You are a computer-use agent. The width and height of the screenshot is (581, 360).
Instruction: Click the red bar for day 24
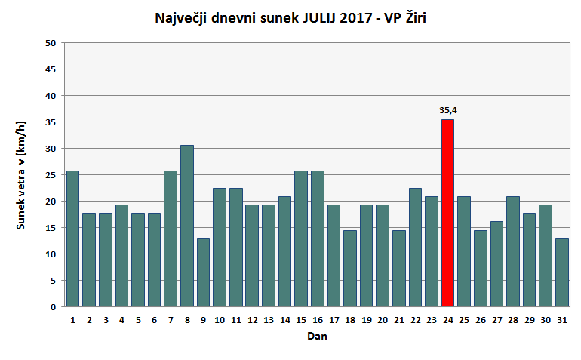pyautogui.click(x=447, y=213)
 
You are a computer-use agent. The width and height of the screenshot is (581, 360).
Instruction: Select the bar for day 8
pyautogui.click(x=187, y=226)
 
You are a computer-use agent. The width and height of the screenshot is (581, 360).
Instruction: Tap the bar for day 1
pyautogui.click(x=72, y=238)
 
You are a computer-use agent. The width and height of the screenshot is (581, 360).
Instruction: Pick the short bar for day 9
pyautogui.click(x=203, y=272)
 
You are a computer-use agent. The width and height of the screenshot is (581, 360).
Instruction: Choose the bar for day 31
pyautogui.click(x=562, y=272)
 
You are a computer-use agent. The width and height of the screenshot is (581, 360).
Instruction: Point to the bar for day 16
pyautogui.click(x=318, y=238)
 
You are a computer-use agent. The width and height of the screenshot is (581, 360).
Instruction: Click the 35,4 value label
pyautogui.click(x=448, y=110)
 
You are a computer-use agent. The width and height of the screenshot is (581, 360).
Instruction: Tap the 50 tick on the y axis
pyautogui.click(x=51, y=43)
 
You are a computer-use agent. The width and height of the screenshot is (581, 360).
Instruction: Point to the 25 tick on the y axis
pyautogui.click(x=51, y=175)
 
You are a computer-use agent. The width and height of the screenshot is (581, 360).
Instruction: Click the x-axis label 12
pyautogui.click(x=252, y=320)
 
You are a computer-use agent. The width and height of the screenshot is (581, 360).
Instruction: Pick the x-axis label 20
pyautogui.click(x=383, y=320)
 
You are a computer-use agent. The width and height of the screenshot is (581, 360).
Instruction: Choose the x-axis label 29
pyautogui.click(x=530, y=320)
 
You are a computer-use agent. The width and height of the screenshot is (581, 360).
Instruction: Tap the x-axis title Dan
pyautogui.click(x=317, y=337)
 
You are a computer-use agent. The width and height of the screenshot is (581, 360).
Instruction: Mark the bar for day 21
pyautogui.click(x=399, y=269)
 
